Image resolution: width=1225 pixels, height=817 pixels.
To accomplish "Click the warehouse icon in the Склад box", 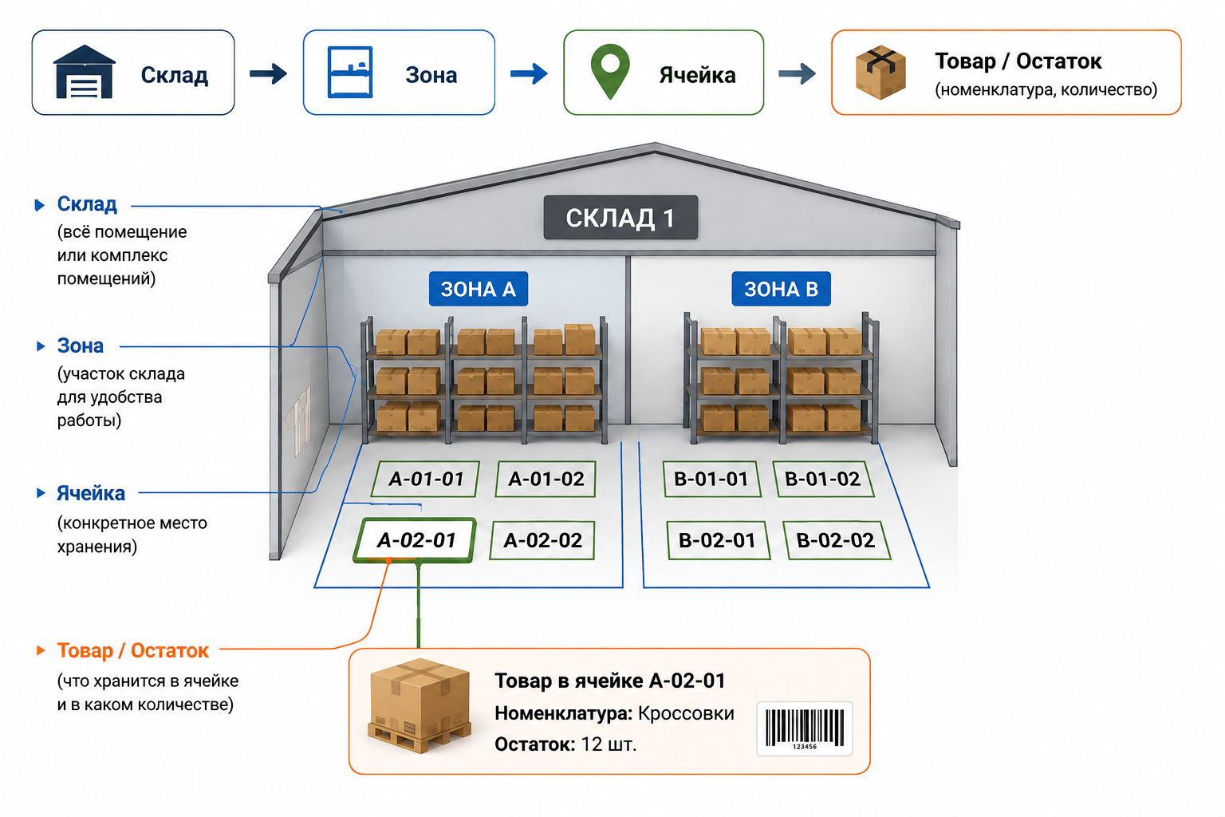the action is point(85,72).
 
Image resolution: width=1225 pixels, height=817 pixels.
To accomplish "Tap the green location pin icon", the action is point(610,71).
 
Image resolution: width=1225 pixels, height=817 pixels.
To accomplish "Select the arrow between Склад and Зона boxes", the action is point(268,73).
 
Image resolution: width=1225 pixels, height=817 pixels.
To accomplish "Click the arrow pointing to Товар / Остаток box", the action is point(797,73).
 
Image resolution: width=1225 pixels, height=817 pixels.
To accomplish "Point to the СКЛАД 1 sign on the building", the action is point(620,217).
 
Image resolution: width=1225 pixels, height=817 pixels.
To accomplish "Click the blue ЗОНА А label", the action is point(479,288).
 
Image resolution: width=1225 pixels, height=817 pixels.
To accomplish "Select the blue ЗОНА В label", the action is point(781,288).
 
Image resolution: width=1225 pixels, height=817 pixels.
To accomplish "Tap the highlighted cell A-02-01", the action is point(416,540).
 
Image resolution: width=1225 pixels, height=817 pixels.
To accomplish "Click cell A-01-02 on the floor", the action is point(546,479).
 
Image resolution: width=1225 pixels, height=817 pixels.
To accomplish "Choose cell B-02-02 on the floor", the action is point(836,540).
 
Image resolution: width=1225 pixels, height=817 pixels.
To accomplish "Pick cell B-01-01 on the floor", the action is point(711,479).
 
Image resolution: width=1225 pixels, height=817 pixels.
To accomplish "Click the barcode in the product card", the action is point(805,728).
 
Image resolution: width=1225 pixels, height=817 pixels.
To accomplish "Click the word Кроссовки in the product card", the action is point(686,713).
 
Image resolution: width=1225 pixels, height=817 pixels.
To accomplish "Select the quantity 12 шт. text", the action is point(609,744).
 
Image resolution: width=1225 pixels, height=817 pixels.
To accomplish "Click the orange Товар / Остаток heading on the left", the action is point(133,650).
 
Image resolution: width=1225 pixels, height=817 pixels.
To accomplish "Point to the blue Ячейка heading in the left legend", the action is point(91,493).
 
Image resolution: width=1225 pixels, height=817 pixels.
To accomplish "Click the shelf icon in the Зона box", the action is point(350,73).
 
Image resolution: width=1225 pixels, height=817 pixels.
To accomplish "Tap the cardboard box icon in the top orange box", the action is point(880,73).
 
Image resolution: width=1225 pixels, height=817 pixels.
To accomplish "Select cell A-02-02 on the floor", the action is point(542,540).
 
